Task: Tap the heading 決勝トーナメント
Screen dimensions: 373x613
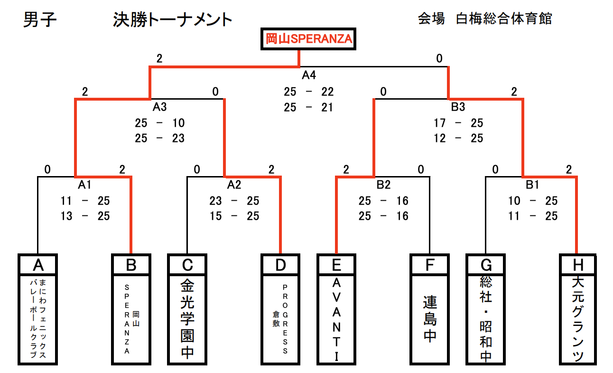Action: [x=173, y=20]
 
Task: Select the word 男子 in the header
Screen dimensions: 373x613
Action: [x=40, y=20]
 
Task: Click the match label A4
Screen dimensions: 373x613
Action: [x=309, y=75]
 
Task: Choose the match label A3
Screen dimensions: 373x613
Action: [x=159, y=107]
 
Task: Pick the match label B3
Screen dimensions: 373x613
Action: [x=458, y=107]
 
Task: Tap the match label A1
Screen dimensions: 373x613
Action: [x=85, y=185]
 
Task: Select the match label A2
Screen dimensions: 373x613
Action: [x=234, y=185]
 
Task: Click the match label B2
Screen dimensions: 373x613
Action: [x=384, y=185]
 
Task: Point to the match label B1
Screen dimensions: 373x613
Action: [x=533, y=185]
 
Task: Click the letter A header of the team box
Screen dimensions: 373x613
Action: [x=37, y=264]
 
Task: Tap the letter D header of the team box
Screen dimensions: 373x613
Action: [x=280, y=264]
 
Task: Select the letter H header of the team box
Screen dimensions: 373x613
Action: [x=577, y=264]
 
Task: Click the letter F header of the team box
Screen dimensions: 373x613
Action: [x=430, y=264]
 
